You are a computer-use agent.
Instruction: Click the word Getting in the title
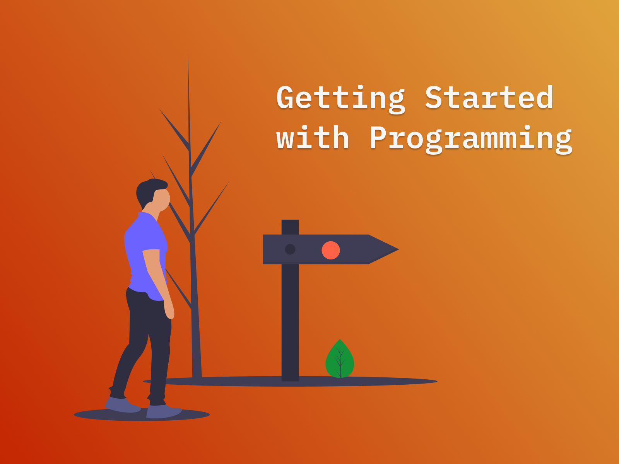pos(340,98)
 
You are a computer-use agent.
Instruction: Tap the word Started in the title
pos(489,98)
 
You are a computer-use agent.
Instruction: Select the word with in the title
pos(313,138)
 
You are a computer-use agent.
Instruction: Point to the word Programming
pos(470,139)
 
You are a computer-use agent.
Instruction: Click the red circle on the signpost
pos(331,250)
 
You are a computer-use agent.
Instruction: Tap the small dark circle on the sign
pos(290,249)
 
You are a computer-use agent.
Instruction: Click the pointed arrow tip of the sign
pos(395,249)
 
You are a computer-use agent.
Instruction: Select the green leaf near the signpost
pos(340,360)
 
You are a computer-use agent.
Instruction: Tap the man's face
pos(162,199)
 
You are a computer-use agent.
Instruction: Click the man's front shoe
pos(164,411)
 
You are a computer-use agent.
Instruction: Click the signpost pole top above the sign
pos(290,227)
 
